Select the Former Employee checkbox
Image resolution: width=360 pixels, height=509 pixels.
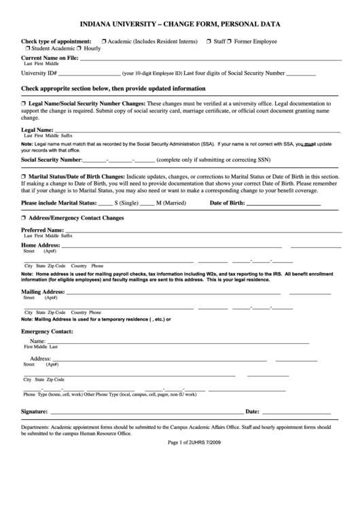coord(229,41)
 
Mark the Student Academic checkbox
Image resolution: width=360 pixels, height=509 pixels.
coord(27,50)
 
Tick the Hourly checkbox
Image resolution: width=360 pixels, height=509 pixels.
coord(79,50)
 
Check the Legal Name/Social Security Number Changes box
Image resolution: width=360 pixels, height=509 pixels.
coord(24,102)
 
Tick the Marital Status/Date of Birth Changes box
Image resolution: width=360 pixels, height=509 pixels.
coord(24,177)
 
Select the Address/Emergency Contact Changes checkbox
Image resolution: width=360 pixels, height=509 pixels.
coord(24,218)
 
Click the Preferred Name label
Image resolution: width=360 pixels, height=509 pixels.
coord(42,231)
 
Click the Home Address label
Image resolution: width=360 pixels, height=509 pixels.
coord(40,245)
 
